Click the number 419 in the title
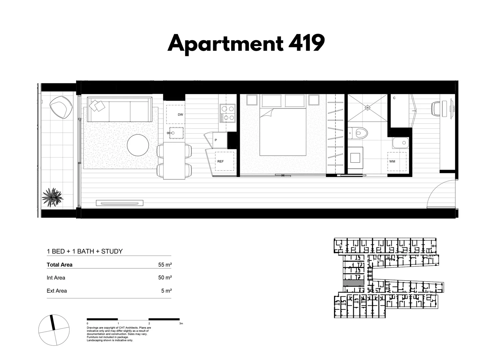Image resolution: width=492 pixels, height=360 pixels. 306,43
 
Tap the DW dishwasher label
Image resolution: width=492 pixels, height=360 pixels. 180,115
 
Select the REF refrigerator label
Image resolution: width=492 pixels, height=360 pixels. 221,161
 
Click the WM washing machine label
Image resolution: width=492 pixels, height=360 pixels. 392,161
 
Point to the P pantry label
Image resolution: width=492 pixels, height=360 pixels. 216,140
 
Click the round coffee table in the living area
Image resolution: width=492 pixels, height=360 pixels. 138,145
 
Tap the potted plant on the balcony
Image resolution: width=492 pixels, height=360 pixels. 52,197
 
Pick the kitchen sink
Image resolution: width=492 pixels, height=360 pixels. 176,133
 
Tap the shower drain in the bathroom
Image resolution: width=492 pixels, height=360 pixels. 368,107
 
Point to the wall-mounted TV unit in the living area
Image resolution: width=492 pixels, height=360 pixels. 120,203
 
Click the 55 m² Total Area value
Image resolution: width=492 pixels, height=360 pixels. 165,265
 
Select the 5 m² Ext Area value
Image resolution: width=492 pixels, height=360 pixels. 166,291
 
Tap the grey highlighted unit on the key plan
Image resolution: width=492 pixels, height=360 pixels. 353,283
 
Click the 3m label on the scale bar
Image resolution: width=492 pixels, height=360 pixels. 181,323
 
